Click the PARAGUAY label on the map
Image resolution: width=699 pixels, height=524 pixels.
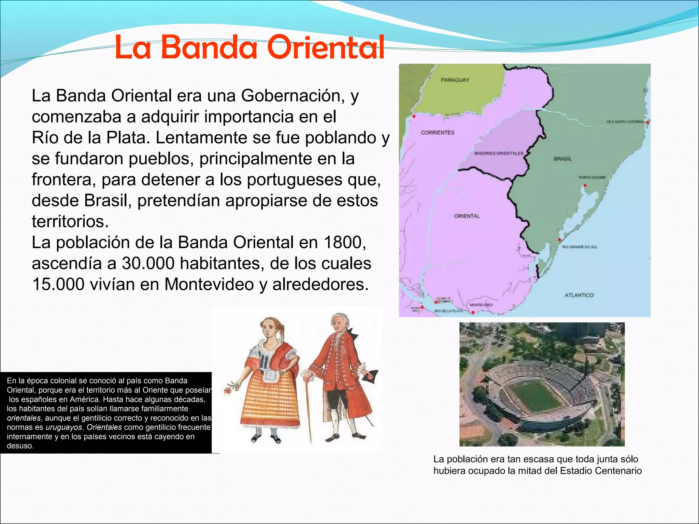click(455, 80)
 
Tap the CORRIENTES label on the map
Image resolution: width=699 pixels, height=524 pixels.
click(437, 132)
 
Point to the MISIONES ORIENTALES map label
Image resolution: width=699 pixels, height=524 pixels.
click(498, 154)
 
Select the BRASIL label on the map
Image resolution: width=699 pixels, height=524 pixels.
click(562, 159)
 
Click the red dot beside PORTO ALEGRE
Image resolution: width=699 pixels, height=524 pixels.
click(585, 186)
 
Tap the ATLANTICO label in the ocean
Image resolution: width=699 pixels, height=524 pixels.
click(579, 295)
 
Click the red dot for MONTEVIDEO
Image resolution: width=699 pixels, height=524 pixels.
click(473, 312)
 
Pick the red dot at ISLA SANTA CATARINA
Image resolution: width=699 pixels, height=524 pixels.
click(647, 122)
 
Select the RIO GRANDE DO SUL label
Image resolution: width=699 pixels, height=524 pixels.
click(580, 247)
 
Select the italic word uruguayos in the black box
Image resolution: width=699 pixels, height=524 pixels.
click(64, 427)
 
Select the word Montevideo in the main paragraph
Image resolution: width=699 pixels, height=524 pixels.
click(209, 284)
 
